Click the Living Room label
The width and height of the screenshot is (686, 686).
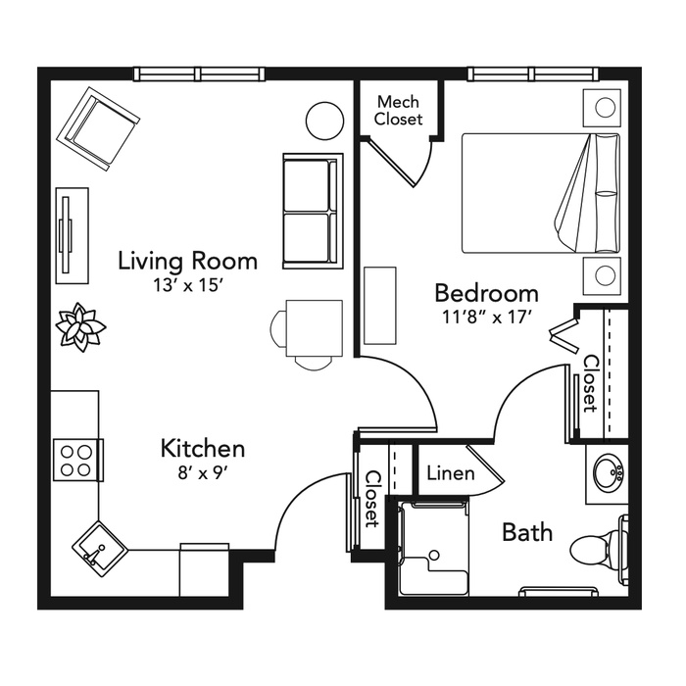point(188,261)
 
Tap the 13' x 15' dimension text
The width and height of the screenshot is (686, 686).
point(188,286)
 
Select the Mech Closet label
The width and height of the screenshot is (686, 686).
point(398,110)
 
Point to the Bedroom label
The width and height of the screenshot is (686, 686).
point(486,293)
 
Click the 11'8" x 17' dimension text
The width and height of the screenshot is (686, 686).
point(486,318)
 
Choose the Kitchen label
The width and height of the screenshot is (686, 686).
point(203,449)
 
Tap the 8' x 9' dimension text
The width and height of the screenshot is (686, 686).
point(203,473)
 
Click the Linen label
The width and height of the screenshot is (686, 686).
point(451,473)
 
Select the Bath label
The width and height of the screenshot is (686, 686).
point(527,532)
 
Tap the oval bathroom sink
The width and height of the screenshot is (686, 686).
point(609,473)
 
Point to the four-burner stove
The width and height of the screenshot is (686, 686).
point(78,461)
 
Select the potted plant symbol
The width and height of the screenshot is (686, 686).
point(80,326)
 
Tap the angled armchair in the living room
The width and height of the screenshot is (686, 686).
point(99,128)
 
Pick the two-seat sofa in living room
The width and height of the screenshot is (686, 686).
point(313,211)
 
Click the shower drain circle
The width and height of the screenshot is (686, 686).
point(434,555)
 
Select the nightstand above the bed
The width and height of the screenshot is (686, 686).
point(602,108)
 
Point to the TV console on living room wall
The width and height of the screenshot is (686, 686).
point(73,235)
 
